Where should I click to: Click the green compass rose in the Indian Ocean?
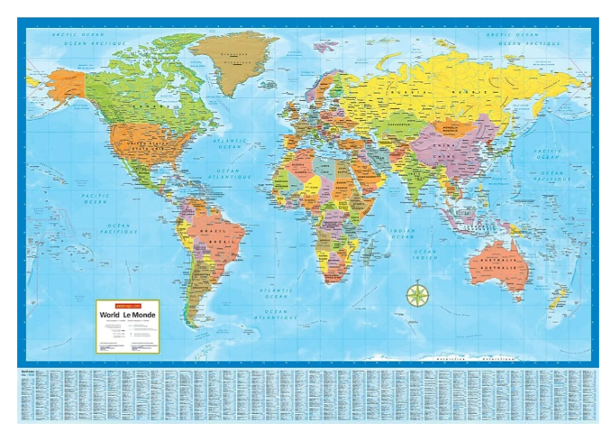(x=417, y=294)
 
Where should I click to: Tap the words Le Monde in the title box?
(x=141, y=315)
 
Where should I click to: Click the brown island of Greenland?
(x=237, y=58)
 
